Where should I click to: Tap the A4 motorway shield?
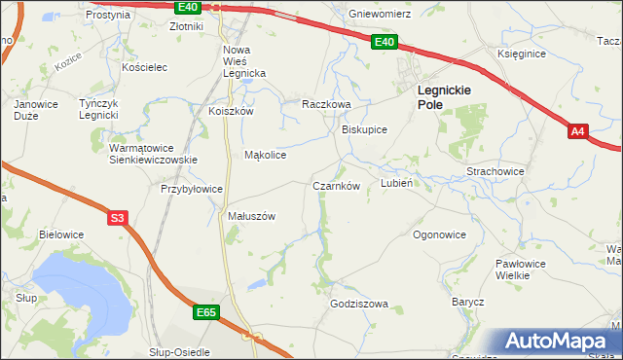(578, 130)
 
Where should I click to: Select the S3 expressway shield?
(117, 219)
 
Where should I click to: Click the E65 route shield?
(205, 312)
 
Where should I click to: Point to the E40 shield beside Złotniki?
(190, 7)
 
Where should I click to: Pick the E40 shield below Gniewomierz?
(385, 42)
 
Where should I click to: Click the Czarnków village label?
(337, 186)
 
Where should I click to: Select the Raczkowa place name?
(325, 103)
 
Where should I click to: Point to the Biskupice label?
(364, 129)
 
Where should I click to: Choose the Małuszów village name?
(252, 216)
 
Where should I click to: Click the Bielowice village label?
(61, 234)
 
